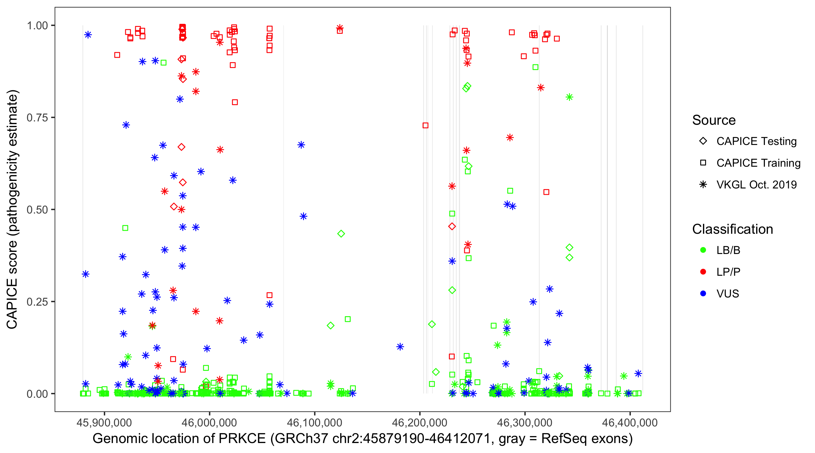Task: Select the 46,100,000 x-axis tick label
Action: [315, 422]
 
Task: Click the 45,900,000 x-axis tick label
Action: [104, 422]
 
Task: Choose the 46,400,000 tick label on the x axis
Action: [630, 422]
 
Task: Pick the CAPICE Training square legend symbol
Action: [703, 163]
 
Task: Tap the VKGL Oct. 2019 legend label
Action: [756, 185]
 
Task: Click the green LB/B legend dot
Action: [703, 250]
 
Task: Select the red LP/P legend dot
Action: [703, 272]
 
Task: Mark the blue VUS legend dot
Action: [703, 294]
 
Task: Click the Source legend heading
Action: [714, 120]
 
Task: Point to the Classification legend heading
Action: [732, 229]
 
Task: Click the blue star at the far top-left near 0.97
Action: [88, 34]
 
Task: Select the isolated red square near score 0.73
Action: [426, 125]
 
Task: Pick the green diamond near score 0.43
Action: [341, 234]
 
